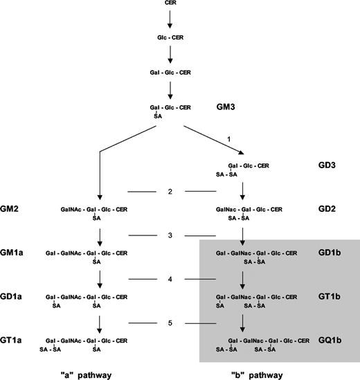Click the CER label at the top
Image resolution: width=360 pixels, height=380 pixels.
170,4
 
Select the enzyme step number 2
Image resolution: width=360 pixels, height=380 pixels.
170,191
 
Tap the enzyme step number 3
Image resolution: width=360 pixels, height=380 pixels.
170,235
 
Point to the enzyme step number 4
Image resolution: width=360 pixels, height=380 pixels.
170,280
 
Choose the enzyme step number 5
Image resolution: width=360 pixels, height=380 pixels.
170,323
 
